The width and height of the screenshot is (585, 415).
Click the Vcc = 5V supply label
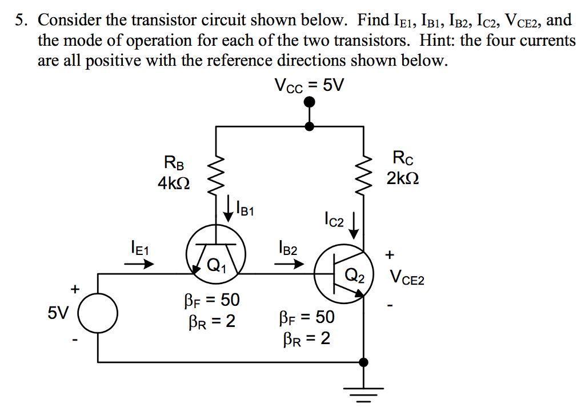tap(309, 85)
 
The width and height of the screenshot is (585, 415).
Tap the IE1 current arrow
tap(139, 265)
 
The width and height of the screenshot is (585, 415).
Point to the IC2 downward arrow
tap(354, 225)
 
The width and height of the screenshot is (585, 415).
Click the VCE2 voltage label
tap(407, 278)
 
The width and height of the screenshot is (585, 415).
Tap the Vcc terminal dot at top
tap(309, 102)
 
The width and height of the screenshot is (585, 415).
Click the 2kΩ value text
tap(402, 178)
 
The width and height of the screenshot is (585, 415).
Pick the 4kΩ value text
tap(174, 184)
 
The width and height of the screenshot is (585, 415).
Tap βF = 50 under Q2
tap(307, 317)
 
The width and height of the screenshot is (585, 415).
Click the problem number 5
tap(22, 21)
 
